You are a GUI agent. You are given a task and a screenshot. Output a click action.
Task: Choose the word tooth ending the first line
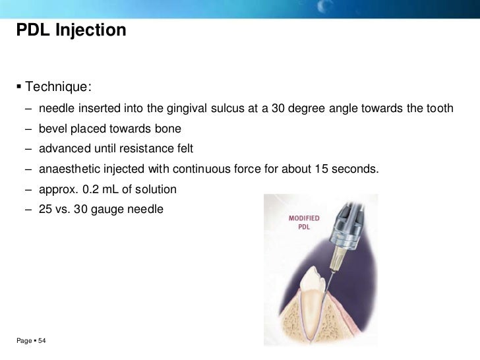[440, 108]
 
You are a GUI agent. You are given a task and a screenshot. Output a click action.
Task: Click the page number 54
[42, 341]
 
